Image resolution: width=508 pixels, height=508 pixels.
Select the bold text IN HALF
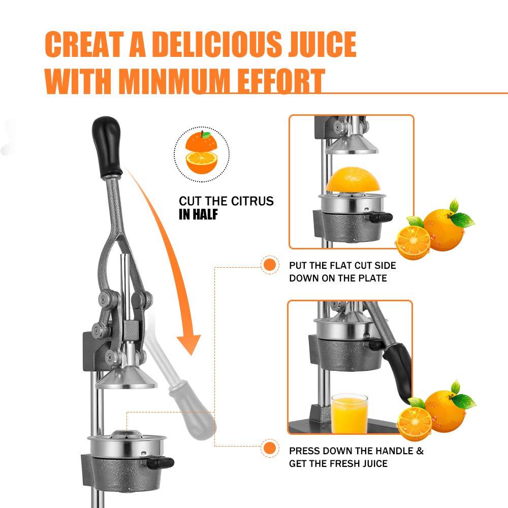point(198,214)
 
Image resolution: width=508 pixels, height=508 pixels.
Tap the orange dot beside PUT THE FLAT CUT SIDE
point(270,265)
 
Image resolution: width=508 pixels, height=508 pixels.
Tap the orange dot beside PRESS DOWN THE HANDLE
point(270,449)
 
